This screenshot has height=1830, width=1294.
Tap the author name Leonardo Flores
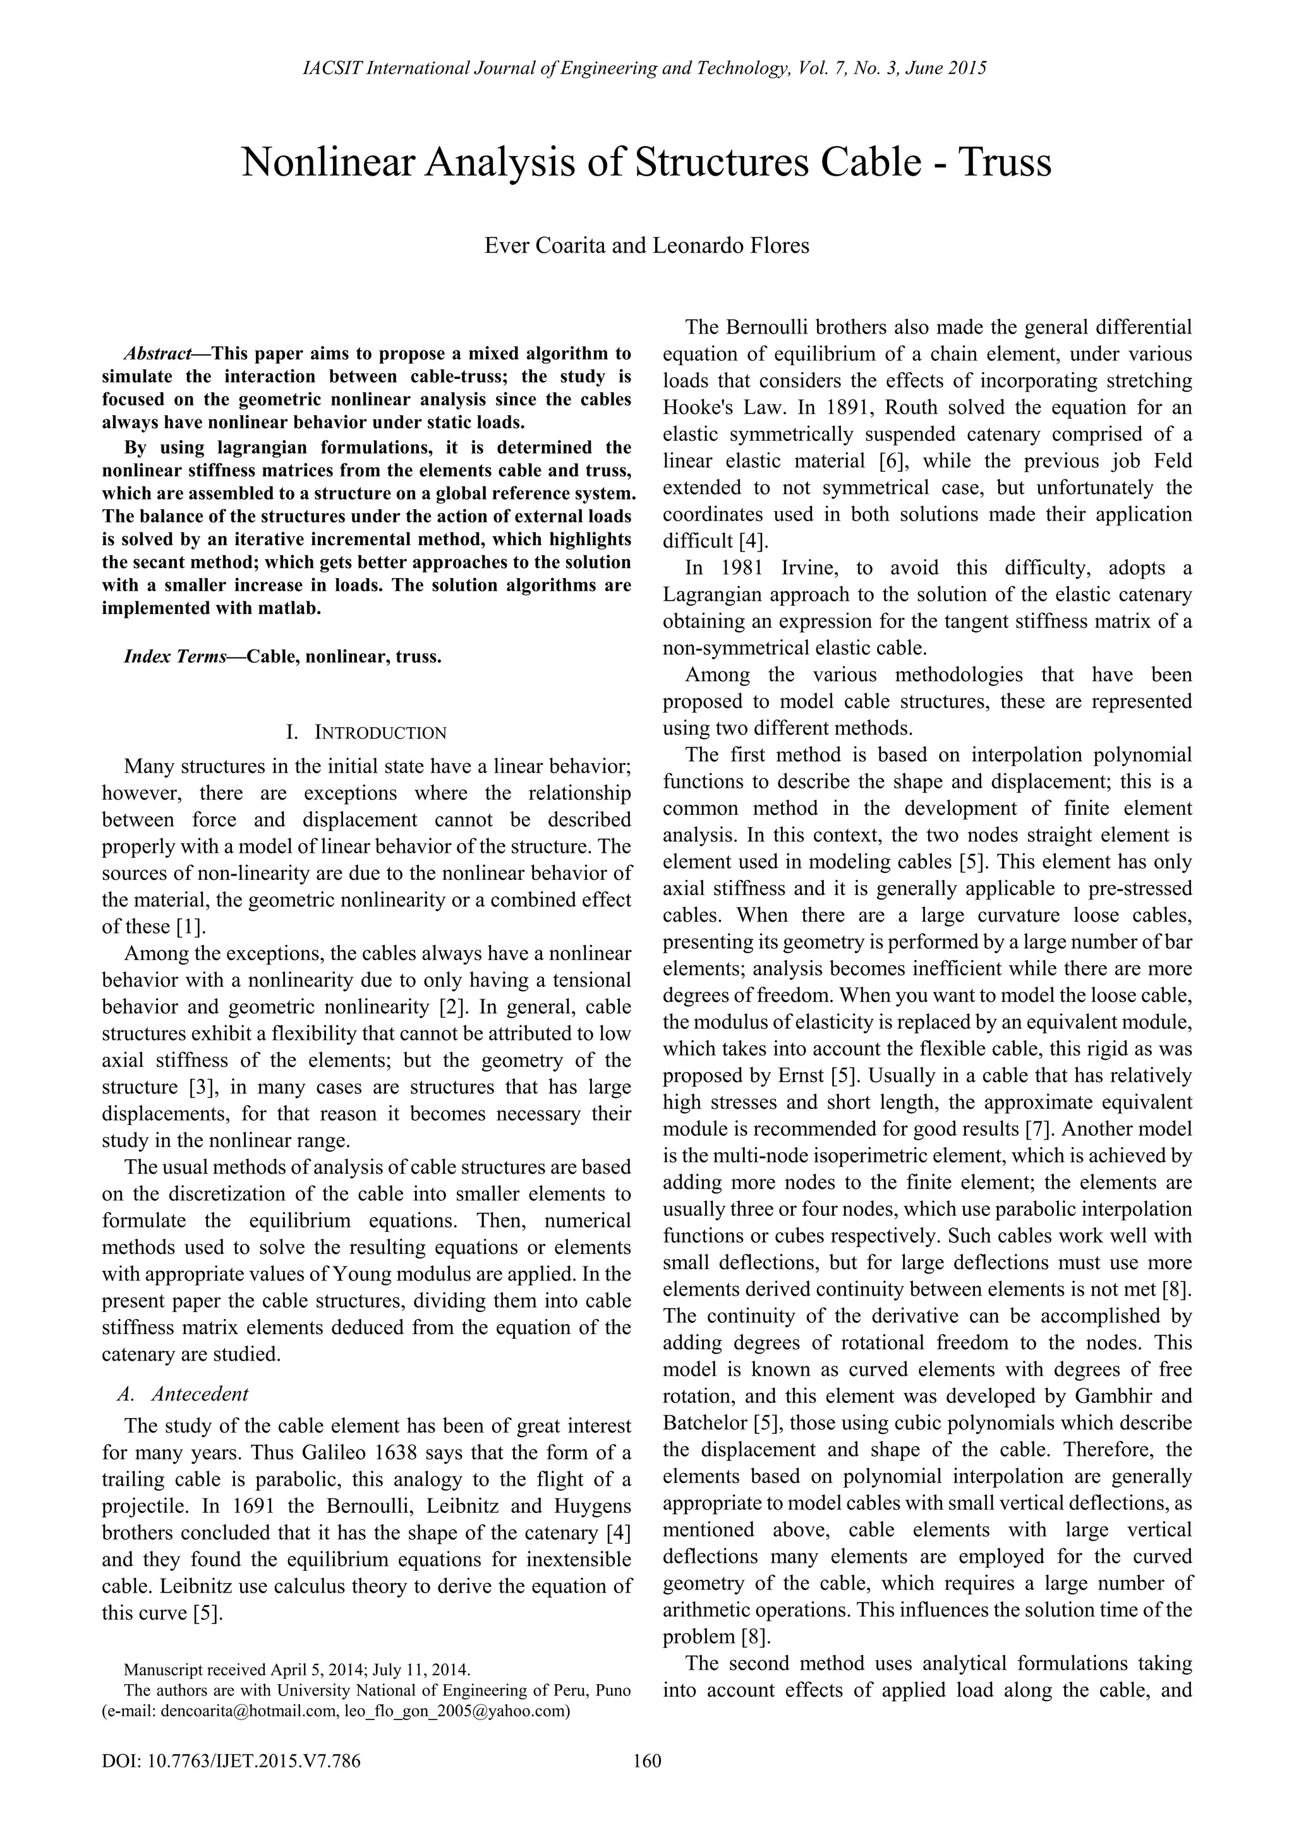[x=730, y=246]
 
